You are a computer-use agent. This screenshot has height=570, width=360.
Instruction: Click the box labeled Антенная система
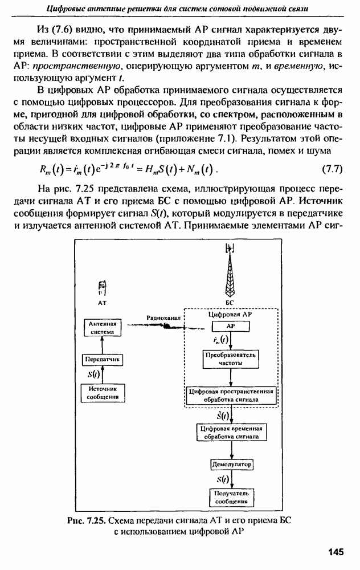[103, 327]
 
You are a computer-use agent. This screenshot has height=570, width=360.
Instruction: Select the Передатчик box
[103, 360]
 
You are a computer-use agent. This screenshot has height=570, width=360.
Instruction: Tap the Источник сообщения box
[103, 392]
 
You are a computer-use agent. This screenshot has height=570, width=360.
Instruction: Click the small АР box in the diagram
[231, 326]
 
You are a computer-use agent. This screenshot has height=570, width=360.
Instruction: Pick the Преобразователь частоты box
[231, 359]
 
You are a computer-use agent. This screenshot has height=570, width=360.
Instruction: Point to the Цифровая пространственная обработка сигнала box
[231, 396]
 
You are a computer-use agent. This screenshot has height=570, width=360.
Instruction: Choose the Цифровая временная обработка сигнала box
[231, 433]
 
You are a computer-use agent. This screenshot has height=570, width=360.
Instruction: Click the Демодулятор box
[231, 465]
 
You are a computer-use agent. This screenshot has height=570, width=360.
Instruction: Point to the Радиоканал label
[163, 317]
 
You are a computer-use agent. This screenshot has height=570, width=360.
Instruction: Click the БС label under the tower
[230, 302]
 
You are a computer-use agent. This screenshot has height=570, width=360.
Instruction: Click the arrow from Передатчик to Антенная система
[103, 344]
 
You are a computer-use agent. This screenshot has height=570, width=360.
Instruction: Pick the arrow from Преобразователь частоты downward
[230, 377]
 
